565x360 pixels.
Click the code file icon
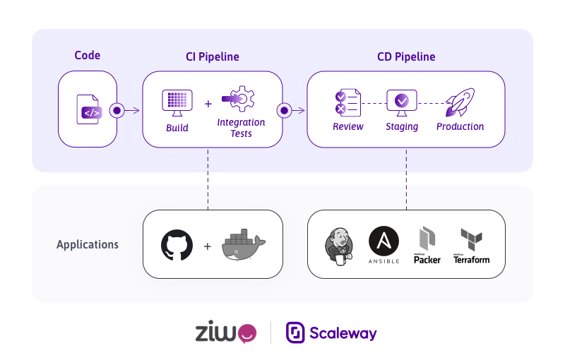89,109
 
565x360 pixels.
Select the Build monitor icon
177,104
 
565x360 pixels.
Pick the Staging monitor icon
401,102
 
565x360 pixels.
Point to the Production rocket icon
460,102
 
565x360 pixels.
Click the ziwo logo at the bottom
225,332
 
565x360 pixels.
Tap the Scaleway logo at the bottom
331,332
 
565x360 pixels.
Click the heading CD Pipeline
406,56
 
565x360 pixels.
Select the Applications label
88,245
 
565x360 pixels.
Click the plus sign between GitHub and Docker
208,246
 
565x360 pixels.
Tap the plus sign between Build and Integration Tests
208,104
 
